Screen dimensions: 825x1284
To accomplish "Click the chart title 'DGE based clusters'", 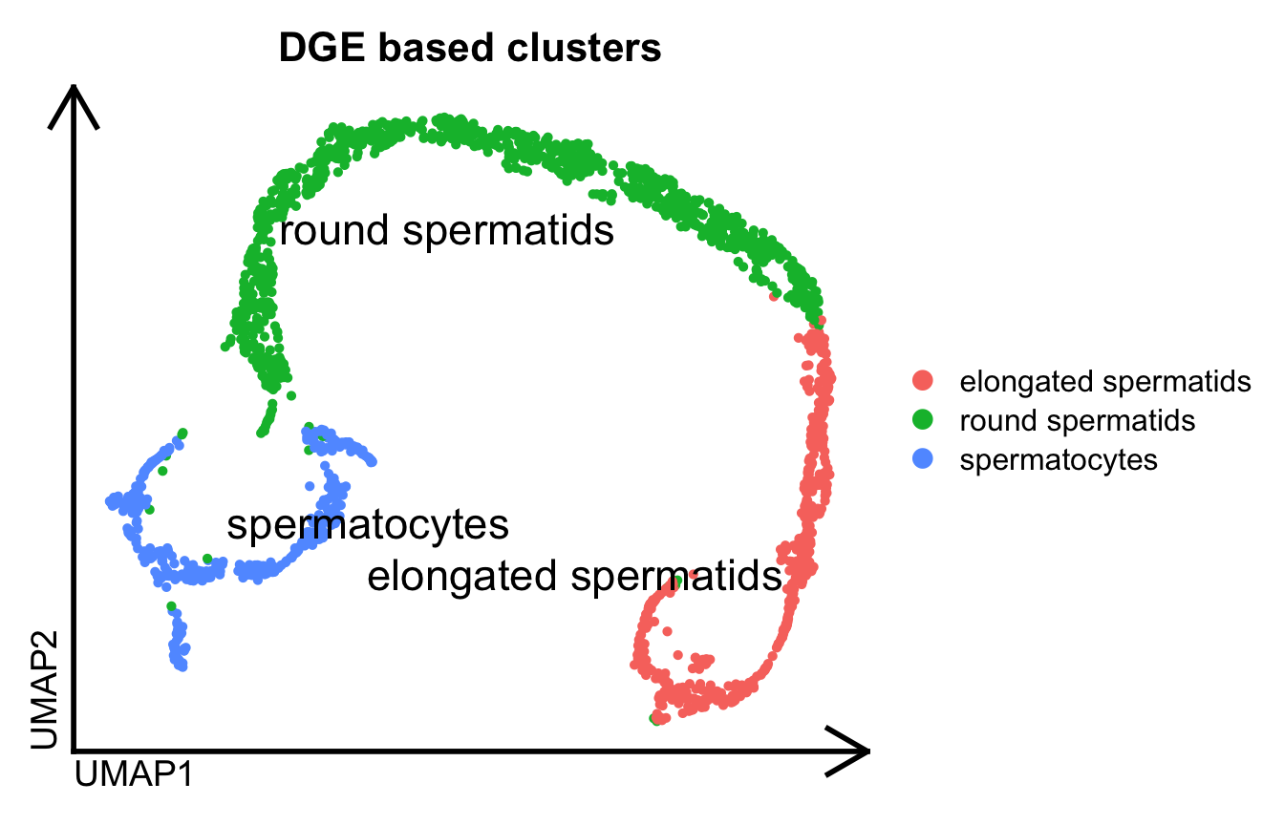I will (x=470, y=49).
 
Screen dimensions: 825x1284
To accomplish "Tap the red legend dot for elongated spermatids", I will (x=923, y=381).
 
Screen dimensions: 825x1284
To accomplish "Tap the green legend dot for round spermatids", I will (x=923, y=420).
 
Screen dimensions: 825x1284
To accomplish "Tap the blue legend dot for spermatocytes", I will (x=923, y=459).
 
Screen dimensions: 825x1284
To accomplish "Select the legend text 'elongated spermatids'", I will (x=1105, y=381).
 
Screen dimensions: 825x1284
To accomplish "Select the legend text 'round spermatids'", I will (x=1078, y=420).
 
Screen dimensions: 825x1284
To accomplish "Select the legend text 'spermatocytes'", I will (x=1059, y=459).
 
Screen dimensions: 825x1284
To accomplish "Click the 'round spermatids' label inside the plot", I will (x=446, y=231).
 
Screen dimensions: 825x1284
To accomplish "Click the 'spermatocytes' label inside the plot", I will (x=367, y=525).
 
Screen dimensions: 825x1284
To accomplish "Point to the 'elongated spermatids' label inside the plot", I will (x=575, y=577).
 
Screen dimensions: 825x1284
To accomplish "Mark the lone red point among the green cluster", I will (x=773, y=296).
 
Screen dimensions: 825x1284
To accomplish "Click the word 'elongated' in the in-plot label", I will (x=449, y=577).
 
